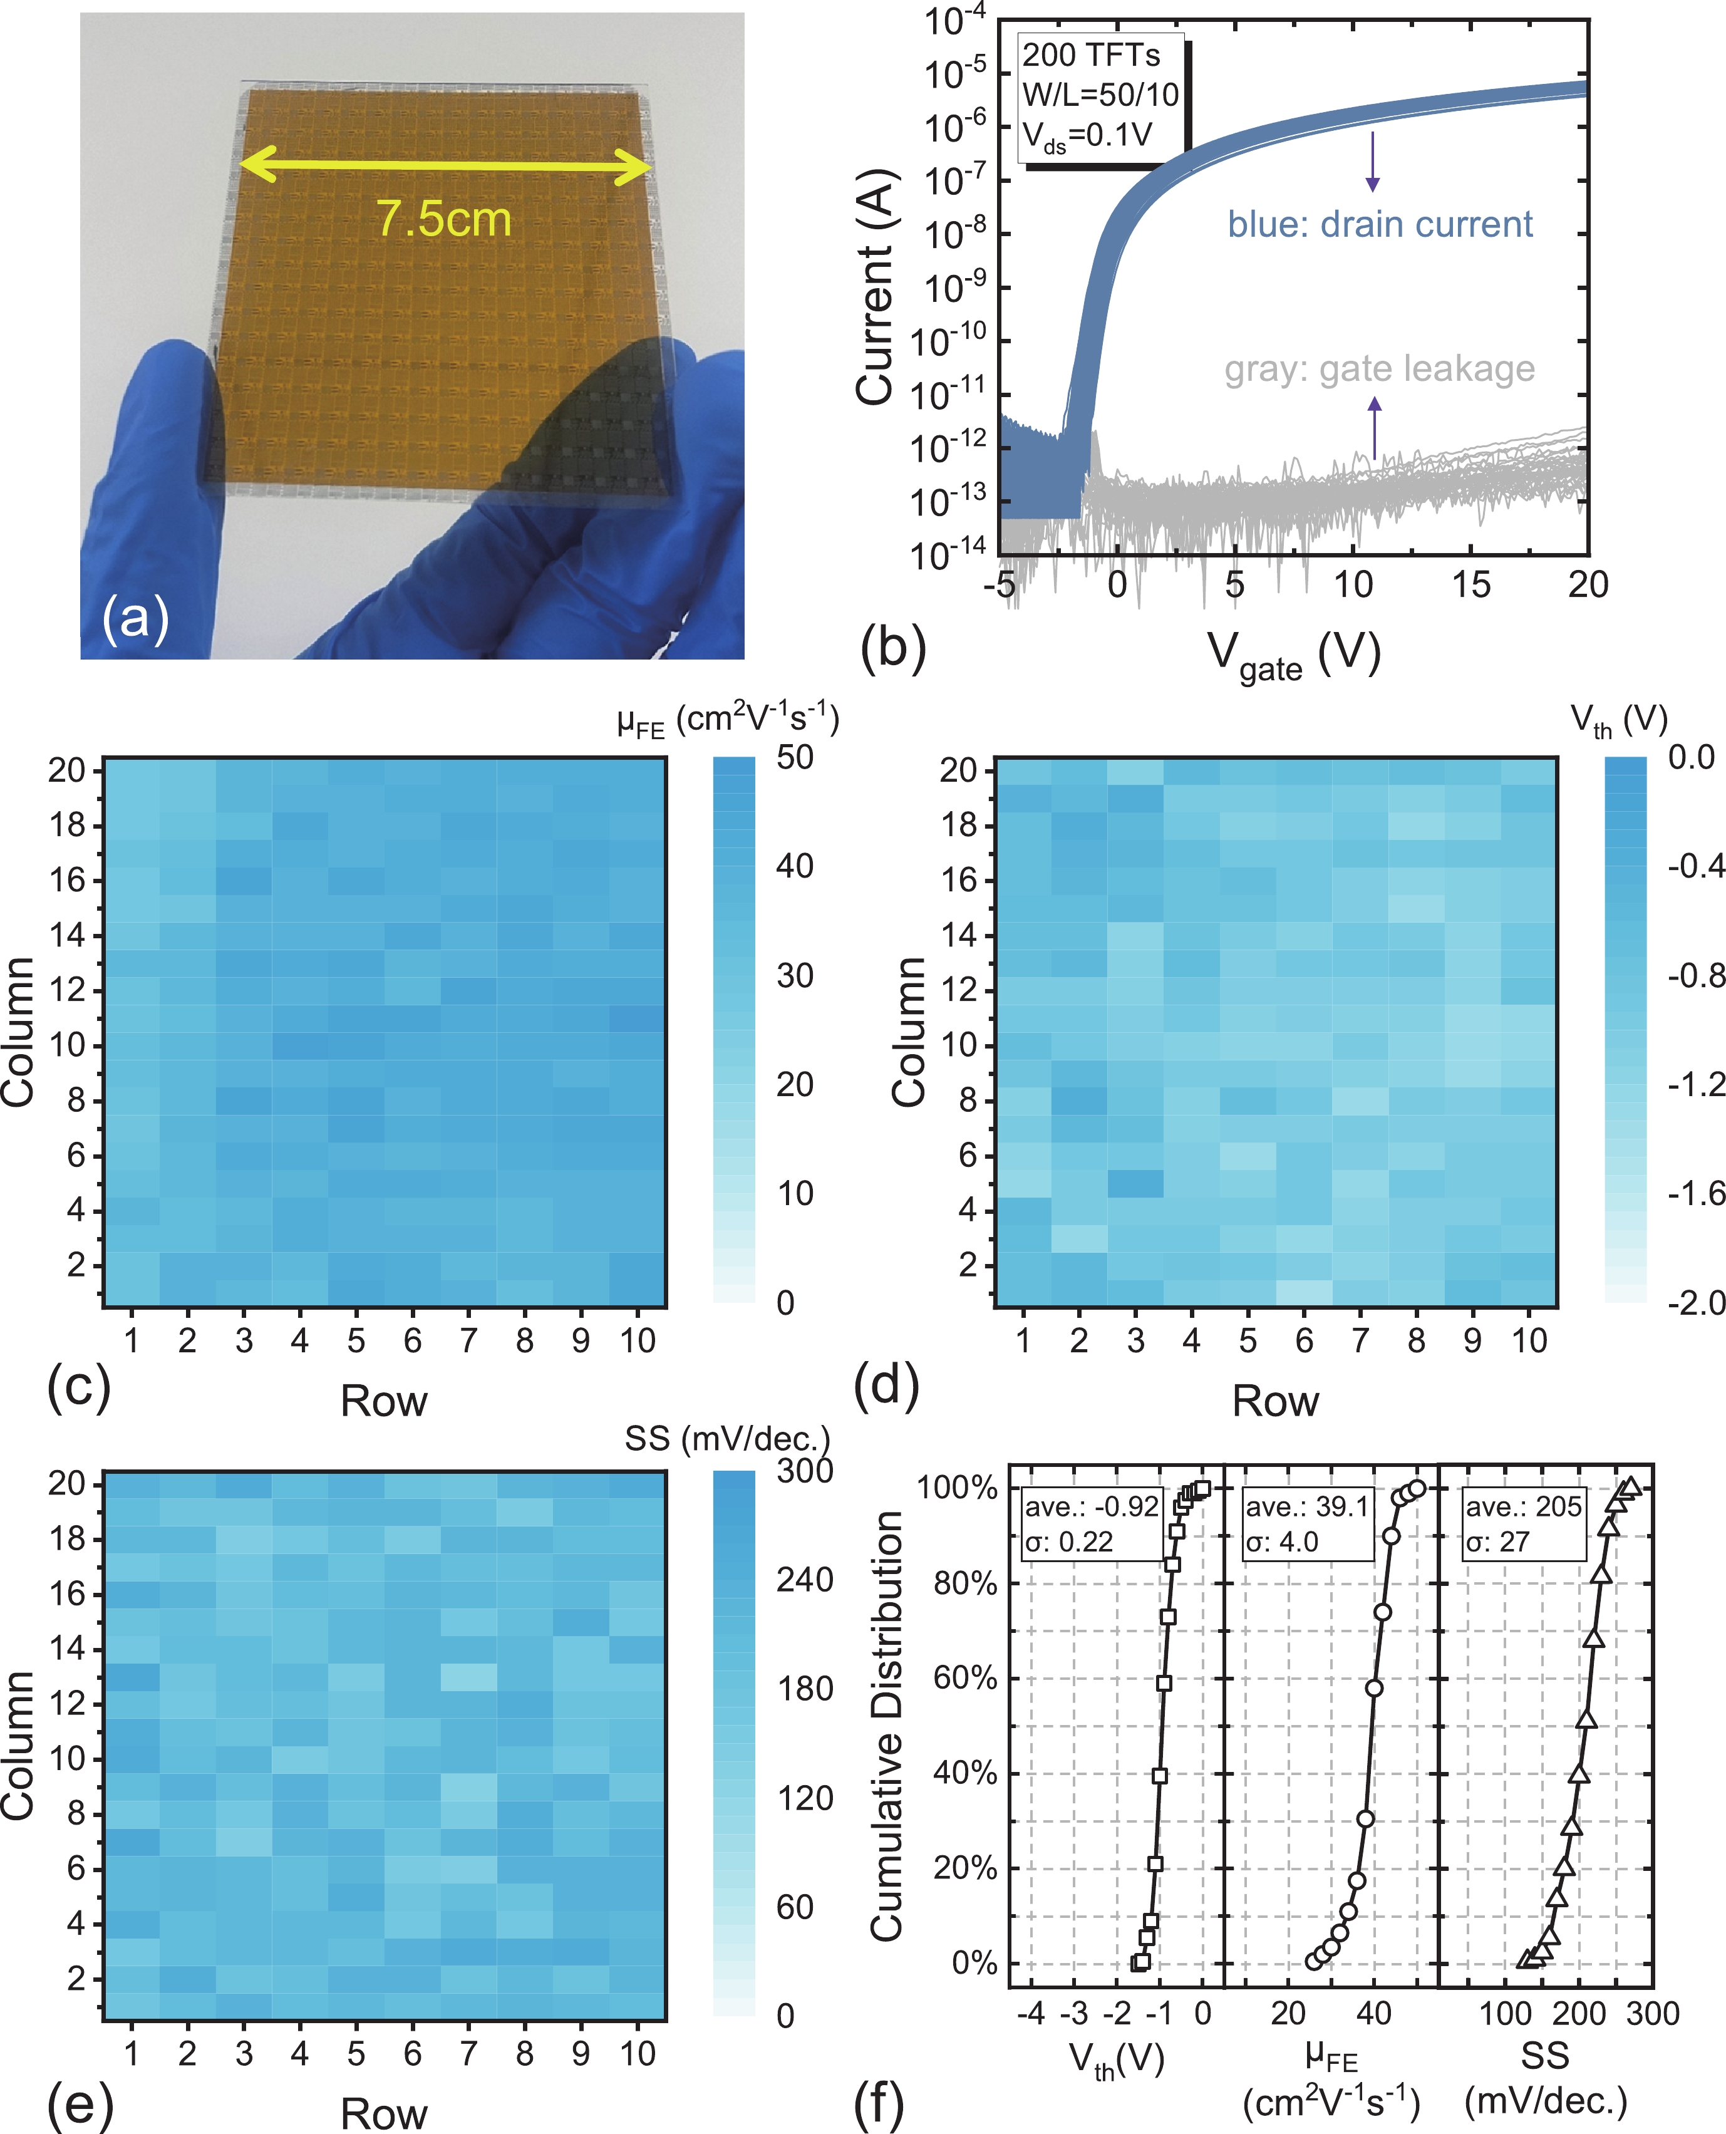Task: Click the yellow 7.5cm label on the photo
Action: pos(443,219)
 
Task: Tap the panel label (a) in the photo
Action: pos(135,618)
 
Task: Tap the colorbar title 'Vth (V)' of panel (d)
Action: pos(1619,720)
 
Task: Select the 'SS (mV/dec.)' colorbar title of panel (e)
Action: pos(727,1438)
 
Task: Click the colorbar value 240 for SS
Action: pos(804,1579)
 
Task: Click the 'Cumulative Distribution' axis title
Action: pos(887,1725)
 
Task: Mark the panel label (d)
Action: pos(886,1386)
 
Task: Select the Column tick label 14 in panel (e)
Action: pos(68,1649)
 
